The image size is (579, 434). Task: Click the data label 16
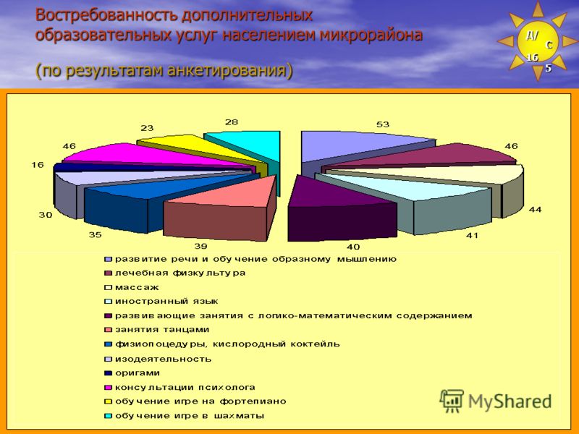(x=38, y=165)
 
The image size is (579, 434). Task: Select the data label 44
(x=535, y=210)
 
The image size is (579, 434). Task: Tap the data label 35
(x=95, y=234)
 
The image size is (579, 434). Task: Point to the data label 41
(x=472, y=235)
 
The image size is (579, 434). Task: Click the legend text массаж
(x=137, y=287)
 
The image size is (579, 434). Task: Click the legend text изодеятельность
(x=164, y=359)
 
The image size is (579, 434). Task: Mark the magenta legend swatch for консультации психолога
(x=108, y=388)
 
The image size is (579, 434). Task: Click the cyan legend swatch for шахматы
(x=108, y=416)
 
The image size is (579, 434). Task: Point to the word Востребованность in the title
(x=107, y=15)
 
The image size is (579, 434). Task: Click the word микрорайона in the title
(x=371, y=35)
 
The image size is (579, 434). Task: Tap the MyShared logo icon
(x=452, y=401)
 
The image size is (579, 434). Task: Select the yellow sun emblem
(x=538, y=41)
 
